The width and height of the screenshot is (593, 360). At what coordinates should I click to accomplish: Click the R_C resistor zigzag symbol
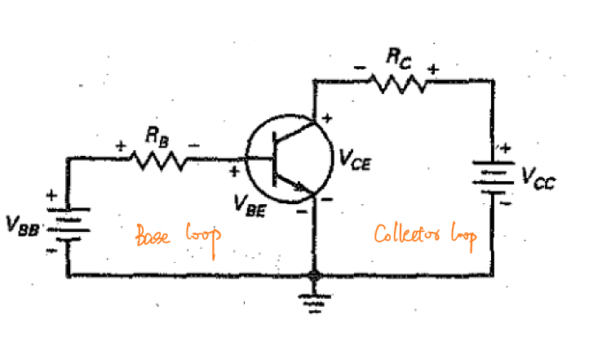397,83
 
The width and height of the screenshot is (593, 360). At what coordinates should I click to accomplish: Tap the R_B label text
157,136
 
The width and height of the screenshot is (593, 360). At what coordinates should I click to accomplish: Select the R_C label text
399,59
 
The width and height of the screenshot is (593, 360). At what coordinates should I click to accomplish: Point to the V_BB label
22,225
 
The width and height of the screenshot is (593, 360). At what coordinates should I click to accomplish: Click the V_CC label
538,178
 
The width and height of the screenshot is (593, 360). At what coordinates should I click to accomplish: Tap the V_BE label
250,206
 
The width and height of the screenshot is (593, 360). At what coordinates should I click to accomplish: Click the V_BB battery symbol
68,224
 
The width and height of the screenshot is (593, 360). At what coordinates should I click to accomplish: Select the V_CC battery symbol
493,177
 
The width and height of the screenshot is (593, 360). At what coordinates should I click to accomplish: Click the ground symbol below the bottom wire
314,302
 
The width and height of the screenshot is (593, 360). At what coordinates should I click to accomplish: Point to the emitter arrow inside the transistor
299,186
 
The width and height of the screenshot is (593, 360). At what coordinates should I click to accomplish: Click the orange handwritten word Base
153,235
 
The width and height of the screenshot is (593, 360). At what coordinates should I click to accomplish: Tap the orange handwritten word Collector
407,233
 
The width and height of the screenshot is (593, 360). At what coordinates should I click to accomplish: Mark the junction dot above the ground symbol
314,276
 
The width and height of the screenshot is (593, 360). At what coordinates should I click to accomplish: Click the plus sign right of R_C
433,69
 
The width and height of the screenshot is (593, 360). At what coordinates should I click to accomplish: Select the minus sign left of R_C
360,68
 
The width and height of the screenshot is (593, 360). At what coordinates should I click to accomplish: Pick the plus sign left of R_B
121,146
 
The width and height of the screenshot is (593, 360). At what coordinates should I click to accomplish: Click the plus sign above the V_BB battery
51,195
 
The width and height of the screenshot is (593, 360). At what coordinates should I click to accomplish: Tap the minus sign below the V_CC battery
505,203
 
